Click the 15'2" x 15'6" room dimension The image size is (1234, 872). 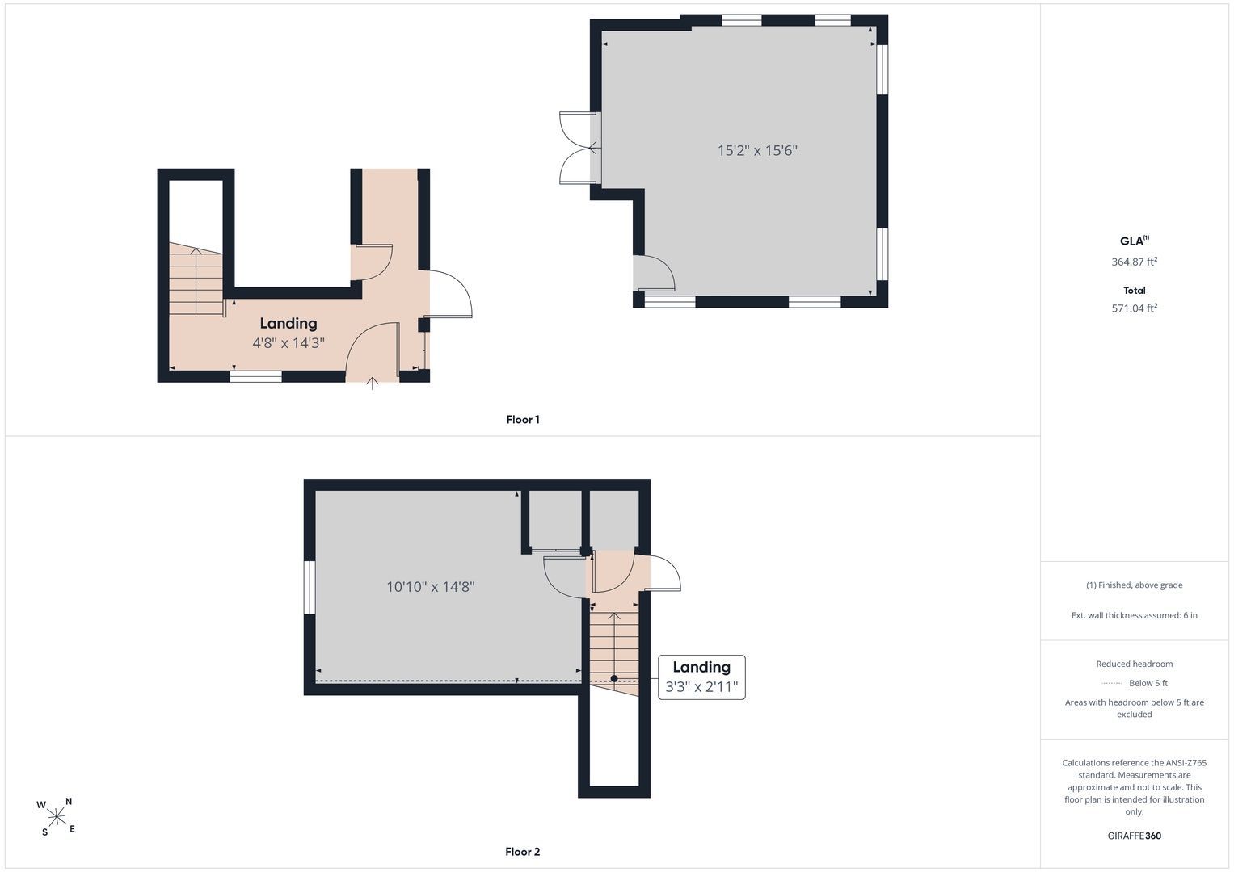[757, 150]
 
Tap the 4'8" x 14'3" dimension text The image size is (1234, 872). [288, 343]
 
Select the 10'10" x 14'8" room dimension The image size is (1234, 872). [430, 587]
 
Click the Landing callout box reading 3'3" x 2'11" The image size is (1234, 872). [701, 677]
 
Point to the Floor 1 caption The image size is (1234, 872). [523, 420]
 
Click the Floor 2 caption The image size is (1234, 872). [522, 852]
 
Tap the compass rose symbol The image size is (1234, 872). [57, 817]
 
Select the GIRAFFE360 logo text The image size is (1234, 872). [1135, 836]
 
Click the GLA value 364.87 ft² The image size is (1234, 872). [1135, 262]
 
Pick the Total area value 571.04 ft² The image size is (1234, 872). [1135, 308]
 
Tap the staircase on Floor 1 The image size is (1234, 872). [196, 279]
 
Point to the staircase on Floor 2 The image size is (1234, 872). [614, 650]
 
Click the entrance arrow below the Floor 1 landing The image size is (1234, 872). [373, 384]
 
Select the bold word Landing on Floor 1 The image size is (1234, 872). [288, 324]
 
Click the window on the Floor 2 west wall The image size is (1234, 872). [310, 588]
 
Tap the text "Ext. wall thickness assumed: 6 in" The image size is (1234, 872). [1135, 615]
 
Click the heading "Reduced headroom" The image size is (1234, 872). [1135, 664]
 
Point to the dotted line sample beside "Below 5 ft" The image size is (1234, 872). [1111, 683]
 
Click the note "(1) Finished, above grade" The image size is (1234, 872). [1135, 585]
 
